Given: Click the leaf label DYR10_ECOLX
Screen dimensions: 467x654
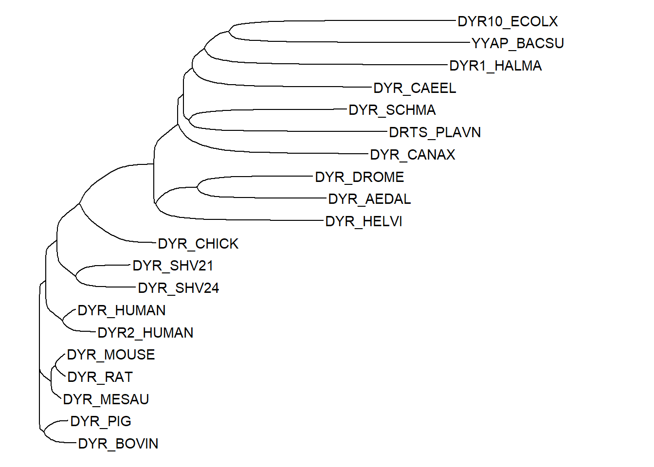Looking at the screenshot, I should pos(508,21).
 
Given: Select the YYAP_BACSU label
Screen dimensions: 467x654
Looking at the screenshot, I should pos(518,43).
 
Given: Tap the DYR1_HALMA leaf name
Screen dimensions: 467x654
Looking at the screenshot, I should pos(495,66).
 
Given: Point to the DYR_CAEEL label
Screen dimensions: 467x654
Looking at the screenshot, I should pos(415,88).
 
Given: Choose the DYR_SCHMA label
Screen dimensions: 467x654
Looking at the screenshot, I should pos(392,110).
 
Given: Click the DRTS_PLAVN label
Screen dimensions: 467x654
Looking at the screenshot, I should pos(435,132).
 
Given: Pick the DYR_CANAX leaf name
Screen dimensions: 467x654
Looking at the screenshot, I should pos(413,155).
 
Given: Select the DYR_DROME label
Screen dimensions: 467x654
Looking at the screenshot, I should pos(360,177).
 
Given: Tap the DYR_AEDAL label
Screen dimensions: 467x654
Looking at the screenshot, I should pos(369,199).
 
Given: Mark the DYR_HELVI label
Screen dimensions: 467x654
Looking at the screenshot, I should pos(363,221).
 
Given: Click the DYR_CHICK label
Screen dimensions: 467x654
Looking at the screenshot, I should pos(198,244).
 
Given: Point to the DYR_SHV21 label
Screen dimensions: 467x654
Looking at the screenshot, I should pos(173,266).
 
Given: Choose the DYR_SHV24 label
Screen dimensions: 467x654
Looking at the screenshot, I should pos(179,288).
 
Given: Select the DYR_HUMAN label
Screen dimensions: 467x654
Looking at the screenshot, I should pos(122,310).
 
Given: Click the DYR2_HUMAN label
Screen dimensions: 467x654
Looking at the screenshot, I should pos(145,333).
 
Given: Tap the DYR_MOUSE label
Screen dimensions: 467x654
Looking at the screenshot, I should pos(111,355).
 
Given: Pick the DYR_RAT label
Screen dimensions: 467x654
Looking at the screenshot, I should pos(100,377).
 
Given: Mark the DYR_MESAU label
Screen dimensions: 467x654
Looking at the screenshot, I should pos(106,399).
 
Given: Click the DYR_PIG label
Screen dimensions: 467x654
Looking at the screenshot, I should pos(101,421).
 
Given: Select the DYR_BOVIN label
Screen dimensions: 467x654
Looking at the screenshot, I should pos(118,444).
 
